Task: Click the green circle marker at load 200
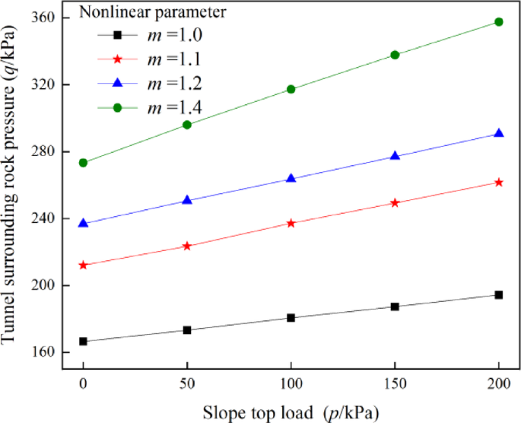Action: [x=499, y=22]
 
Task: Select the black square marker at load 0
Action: [x=83, y=342]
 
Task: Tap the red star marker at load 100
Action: [x=291, y=223]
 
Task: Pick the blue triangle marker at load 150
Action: [x=395, y=156]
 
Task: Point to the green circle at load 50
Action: [x=187, y=125]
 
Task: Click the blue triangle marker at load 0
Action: [x=83, y=224]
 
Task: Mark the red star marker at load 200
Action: [x=499, y=183]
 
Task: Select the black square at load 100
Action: [x=291, y=317]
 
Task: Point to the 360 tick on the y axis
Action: [x=46, y=17]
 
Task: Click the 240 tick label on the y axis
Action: [x=46, y=218]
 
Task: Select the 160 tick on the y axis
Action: [x=46, y=352]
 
